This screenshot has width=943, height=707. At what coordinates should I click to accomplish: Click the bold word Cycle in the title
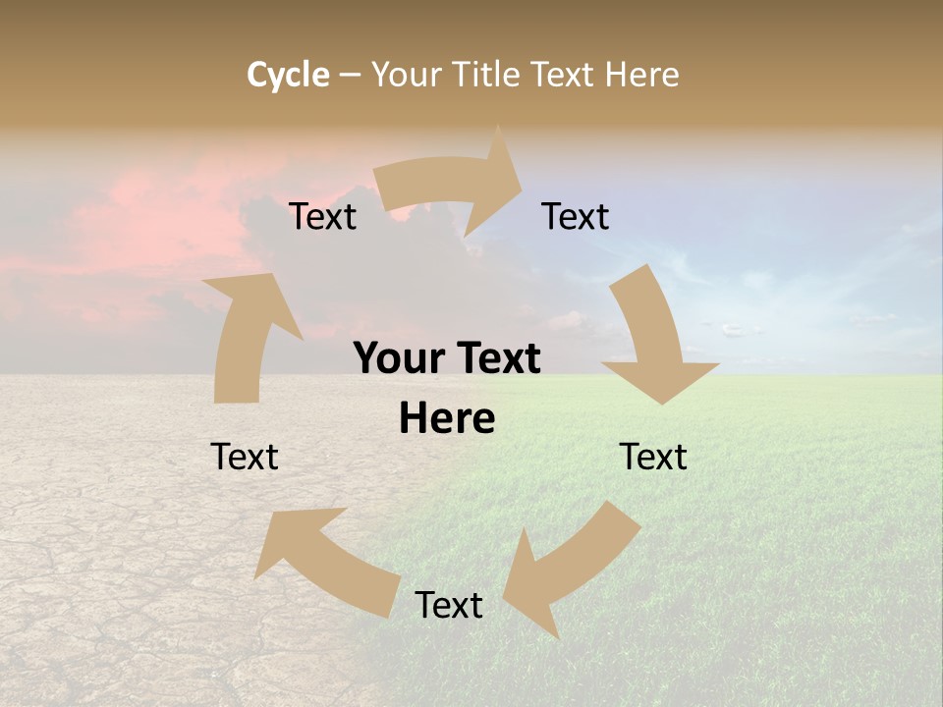tap(288, 75)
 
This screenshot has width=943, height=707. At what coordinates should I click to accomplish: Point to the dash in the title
tap(350, 75)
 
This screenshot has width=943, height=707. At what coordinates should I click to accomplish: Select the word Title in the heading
tap(488, 75)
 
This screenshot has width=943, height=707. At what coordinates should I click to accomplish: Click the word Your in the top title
tap(408, 75)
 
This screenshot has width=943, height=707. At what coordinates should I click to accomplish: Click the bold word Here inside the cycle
tap(447, 419)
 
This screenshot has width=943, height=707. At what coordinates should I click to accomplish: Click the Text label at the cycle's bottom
tap(449, 606)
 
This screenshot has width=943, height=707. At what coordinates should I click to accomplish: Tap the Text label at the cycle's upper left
tap(323, 217)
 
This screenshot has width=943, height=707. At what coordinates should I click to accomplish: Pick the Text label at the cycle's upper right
tap(576, 217)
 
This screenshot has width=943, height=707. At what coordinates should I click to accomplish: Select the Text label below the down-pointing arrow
tap(653, 458)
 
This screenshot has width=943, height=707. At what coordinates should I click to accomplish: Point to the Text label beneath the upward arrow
tap(245, 458)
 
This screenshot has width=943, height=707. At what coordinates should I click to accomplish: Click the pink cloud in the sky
tap(147, 226)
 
